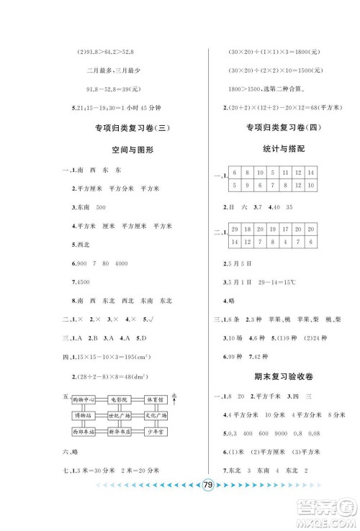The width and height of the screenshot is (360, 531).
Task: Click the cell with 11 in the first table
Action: point(286,173)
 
